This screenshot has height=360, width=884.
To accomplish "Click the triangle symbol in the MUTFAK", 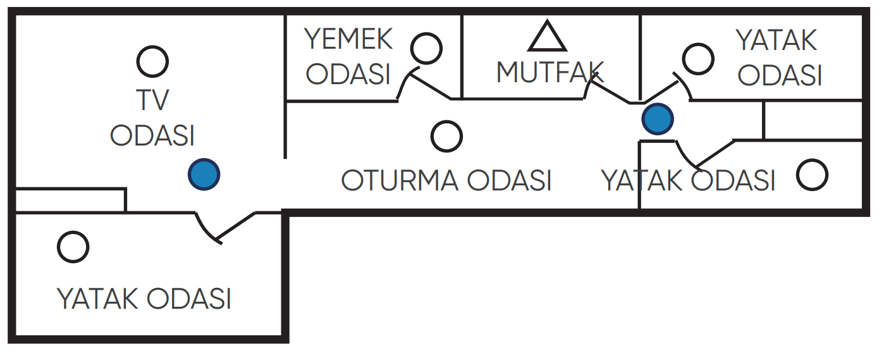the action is click(x=547, y=38).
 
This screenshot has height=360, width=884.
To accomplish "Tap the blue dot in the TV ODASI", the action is click(x=204, y=173).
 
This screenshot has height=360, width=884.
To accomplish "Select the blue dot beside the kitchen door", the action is click(x=658, y=119).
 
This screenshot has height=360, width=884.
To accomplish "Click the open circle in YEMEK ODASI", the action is click(x=426, y=48).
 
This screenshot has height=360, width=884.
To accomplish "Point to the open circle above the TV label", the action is click(x=152, y=61).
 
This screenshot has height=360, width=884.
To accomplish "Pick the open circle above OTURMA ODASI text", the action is click(x=446, y=136).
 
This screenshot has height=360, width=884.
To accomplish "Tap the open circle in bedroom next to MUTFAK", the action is click(x=698, y=59).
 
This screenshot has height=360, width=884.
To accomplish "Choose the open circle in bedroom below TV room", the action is click(x=73, y=247).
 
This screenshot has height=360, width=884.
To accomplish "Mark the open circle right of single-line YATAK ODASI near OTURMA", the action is click(x=812, y=175).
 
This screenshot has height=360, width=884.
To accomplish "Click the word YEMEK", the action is click(x=348, y=40).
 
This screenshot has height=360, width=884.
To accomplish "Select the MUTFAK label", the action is click(x=550, y=73).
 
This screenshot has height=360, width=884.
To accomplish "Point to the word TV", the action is click(x=152, y=99).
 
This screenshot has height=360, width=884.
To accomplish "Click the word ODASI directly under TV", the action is click(x=152, y=135).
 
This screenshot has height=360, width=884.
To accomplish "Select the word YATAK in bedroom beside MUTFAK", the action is click(x=777, y=41).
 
